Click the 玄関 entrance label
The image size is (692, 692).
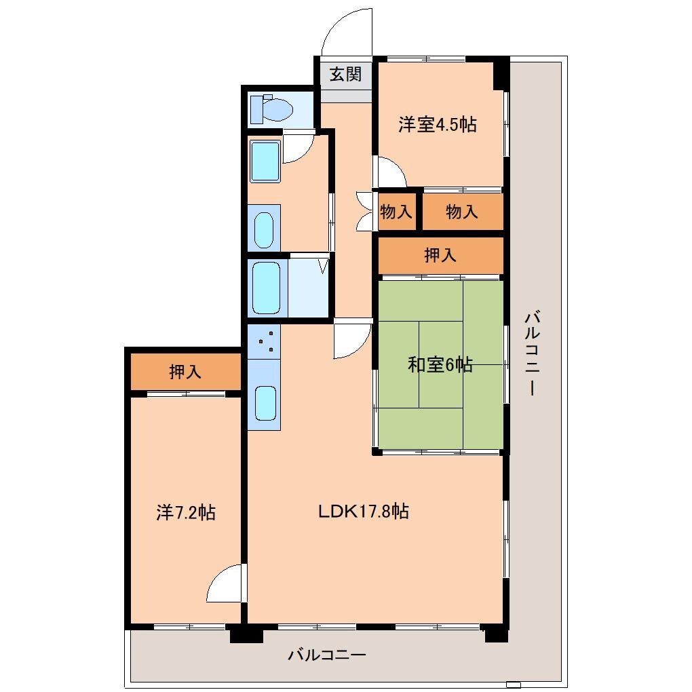(345, 74)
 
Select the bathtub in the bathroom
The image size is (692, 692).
(266, 288)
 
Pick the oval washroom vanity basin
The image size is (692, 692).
(263, 230)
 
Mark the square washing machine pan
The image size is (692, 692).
(265, 161)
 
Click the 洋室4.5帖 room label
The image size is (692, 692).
(437, 125)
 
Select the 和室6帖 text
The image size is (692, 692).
(440, 365)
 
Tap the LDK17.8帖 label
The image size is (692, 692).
(364, 512)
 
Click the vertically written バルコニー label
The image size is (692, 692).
(533, 353)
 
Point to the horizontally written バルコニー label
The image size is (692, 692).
(327, 655)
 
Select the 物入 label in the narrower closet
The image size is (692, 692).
(396, 212)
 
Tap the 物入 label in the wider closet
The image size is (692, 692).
(462, 212)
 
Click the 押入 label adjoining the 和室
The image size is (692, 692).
(440, 255)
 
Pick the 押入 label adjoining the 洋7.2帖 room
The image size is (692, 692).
(185, 371)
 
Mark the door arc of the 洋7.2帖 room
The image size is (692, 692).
(225, 583)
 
